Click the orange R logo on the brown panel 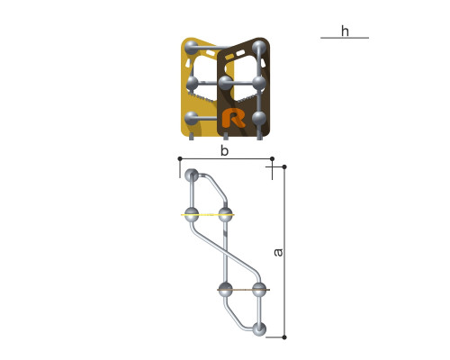pos(233,118)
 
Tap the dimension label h pos(345,31)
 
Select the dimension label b pos(224,151)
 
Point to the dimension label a pos(278,253)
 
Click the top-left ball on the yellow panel pos(191,47)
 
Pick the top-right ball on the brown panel pos(259,48)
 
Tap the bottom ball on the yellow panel pos(191,118)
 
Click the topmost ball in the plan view pos(192,175)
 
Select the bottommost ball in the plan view pos(259,329)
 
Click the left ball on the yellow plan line pos(192,215)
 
